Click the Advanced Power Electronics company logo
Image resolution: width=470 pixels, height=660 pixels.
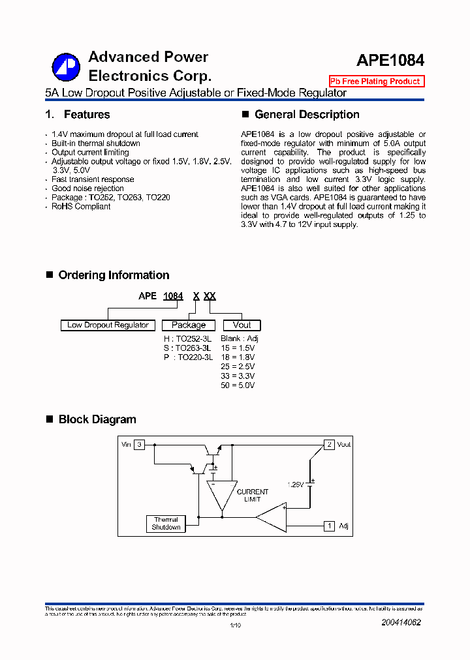[65, 66]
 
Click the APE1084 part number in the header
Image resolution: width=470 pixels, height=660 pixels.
[390, 60]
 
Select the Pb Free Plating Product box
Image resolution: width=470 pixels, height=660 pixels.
[376, 82]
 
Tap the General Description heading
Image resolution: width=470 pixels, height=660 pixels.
[307, 115]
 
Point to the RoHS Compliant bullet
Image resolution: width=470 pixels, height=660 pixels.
[81, 207]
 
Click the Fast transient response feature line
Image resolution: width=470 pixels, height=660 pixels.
[93, 179]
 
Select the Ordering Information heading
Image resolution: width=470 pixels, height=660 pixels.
[114, 275]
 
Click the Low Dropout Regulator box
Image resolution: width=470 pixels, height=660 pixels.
[108, 325]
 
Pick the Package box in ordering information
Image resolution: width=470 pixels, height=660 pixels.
[189, 325]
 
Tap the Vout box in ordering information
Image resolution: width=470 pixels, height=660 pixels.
[242, 325]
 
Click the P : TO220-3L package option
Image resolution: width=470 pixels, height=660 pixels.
[188, 357]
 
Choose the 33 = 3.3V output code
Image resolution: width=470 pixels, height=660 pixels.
[238, 376]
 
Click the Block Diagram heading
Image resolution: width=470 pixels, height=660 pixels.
[97, 419]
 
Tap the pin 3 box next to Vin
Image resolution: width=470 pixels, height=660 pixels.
[139, 444]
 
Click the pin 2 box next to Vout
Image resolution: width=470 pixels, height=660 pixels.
[330, 444]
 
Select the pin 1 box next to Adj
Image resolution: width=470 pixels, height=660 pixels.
[330, 526]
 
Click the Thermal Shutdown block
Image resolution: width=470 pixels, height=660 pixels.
[166, 524]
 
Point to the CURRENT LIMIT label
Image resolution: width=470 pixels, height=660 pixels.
[252, 496]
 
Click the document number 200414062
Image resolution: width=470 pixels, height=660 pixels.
[401, 623]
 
